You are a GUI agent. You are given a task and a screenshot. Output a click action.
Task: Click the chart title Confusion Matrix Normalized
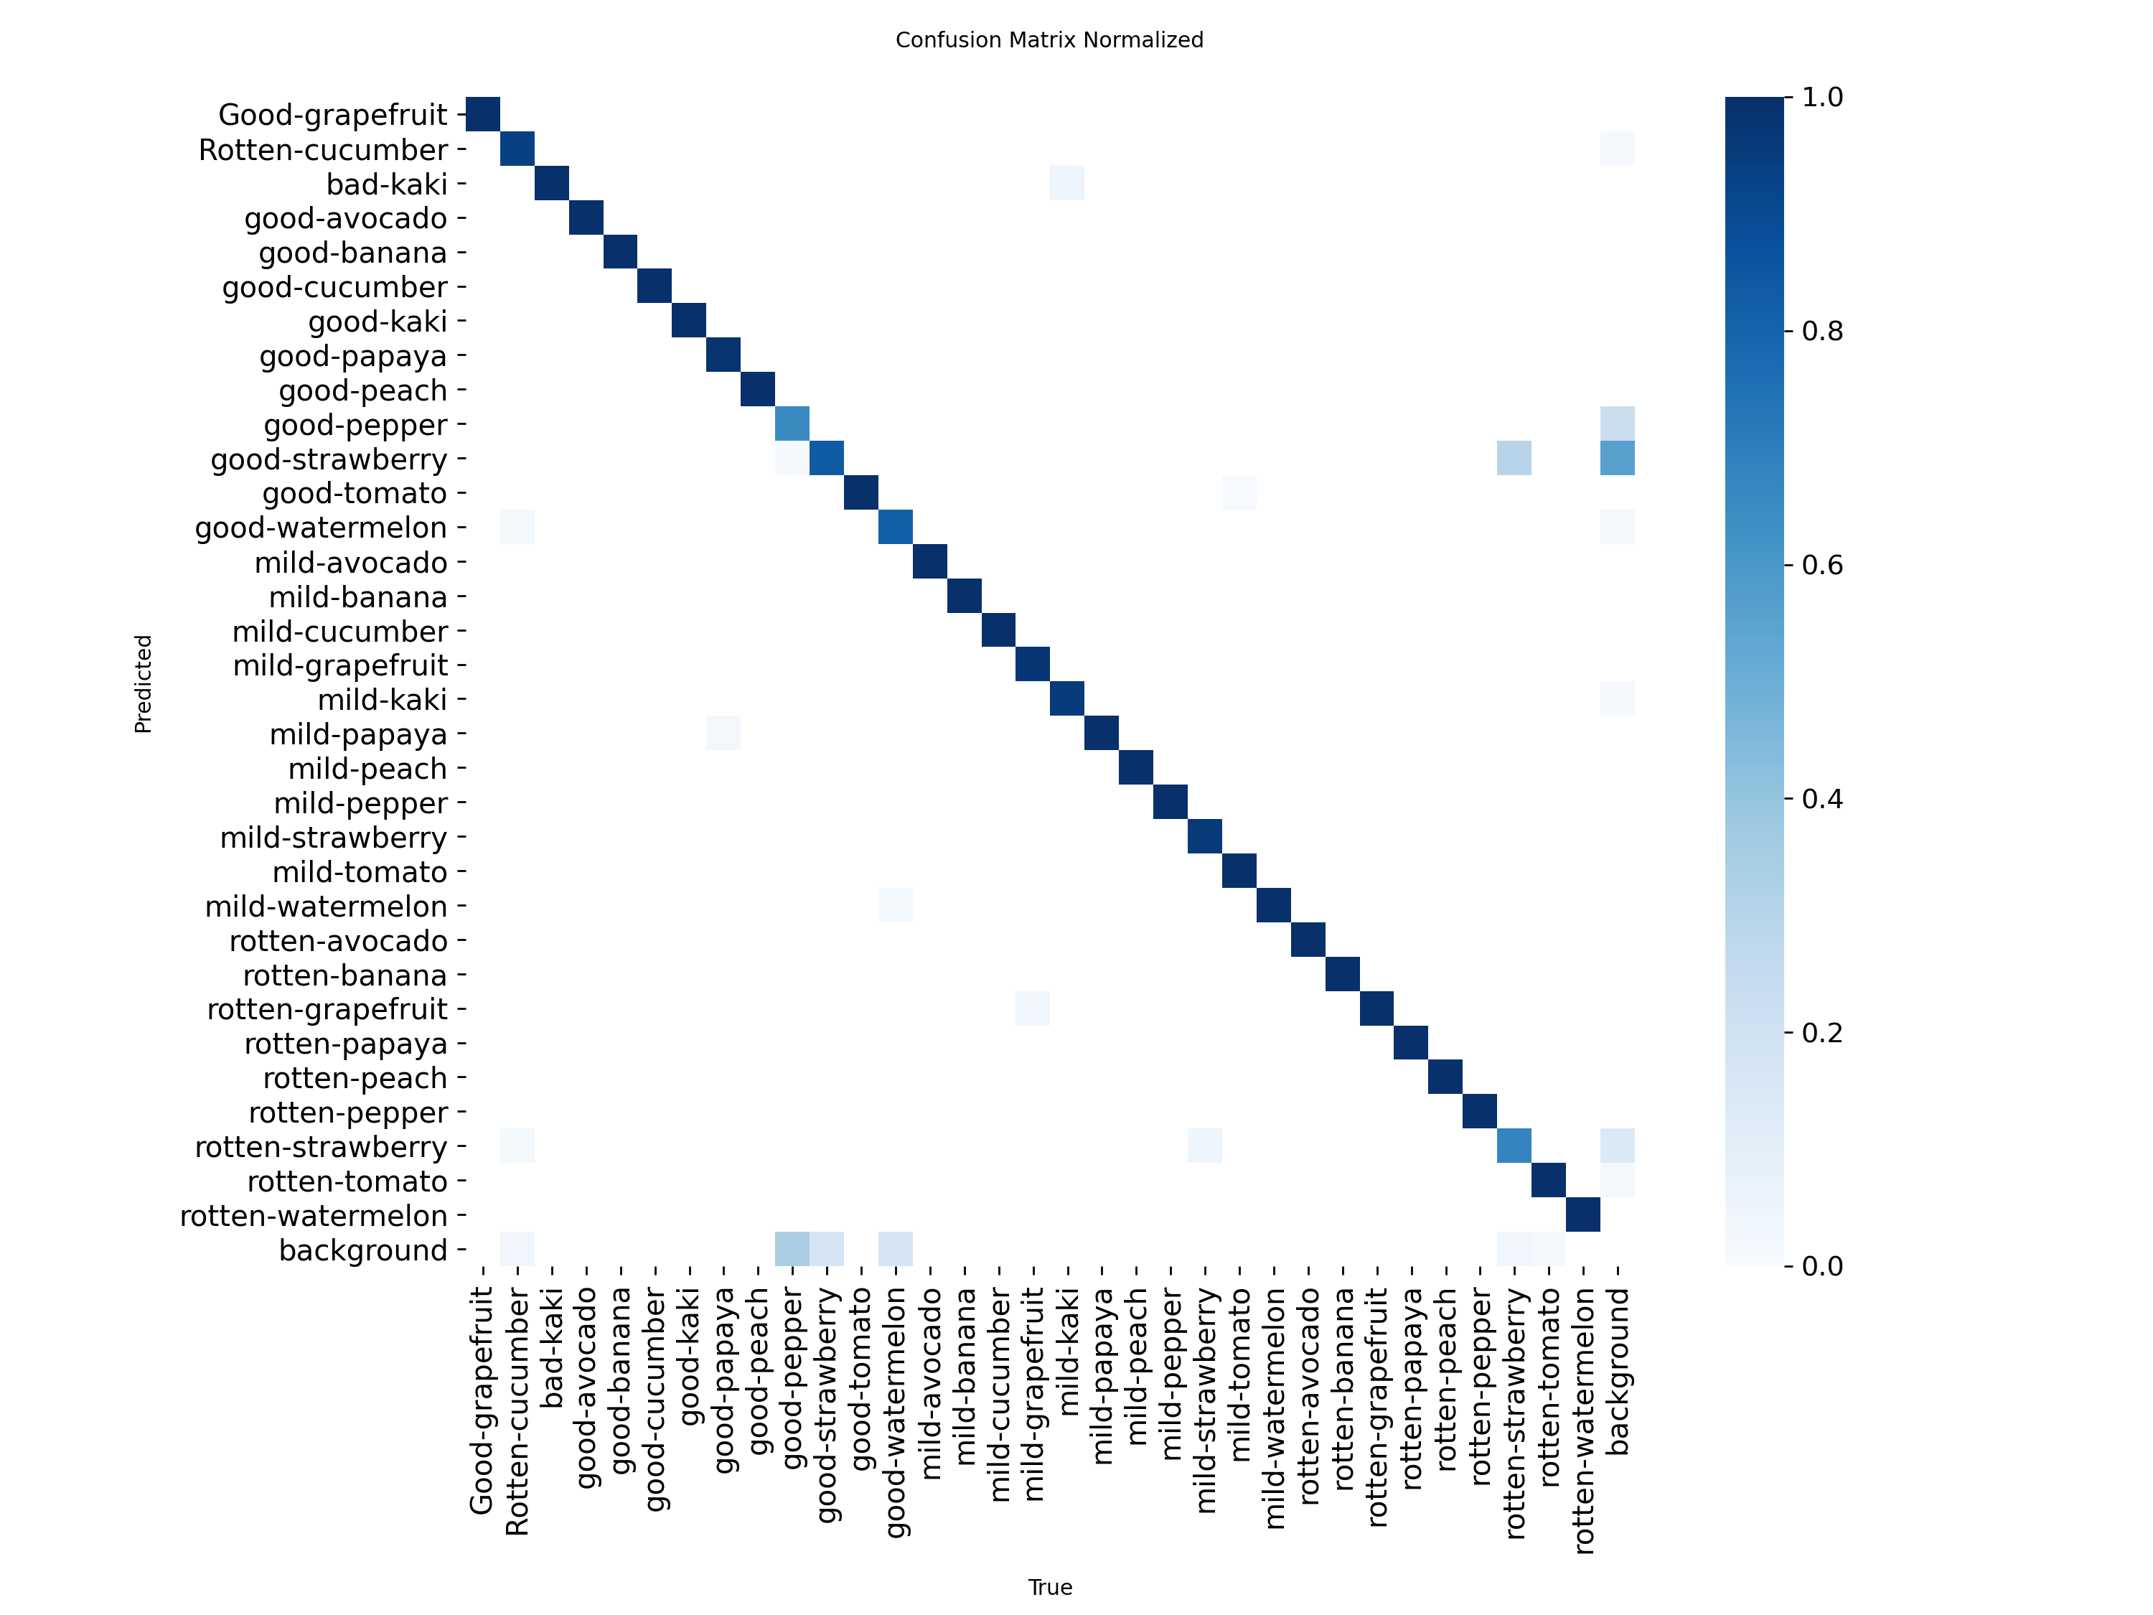pos(1049,40)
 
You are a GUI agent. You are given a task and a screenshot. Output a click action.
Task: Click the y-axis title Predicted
pos(143,683)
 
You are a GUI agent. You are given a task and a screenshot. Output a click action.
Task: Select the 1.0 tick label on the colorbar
pos(1822,98)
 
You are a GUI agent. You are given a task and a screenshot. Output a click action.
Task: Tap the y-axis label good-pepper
pos(355,426)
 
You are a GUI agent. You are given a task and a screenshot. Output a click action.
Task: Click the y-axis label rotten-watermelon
pos(314,1216)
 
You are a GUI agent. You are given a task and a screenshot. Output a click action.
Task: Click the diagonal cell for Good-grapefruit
pos(483,114)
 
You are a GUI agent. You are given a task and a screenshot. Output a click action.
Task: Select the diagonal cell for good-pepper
pos(792,423)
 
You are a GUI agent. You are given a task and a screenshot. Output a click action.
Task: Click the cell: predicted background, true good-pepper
pos(792,1249)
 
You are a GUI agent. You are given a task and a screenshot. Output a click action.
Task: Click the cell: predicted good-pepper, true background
pos(1618,423)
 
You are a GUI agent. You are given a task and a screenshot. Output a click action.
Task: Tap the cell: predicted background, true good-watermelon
pos(896,1249)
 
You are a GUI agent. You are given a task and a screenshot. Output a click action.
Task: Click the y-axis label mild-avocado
pos(350,563)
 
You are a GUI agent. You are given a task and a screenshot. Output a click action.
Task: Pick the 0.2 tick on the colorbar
pos(1822,1033)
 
